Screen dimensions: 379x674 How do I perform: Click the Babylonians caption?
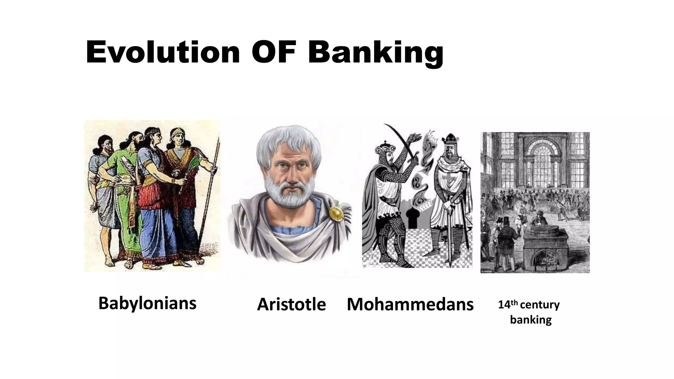tap(147, 303)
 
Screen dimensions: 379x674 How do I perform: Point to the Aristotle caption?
tap(291, 304)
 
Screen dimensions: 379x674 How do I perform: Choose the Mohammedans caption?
tap(410, 304)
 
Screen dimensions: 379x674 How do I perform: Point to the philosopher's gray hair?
tap(288, 141)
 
